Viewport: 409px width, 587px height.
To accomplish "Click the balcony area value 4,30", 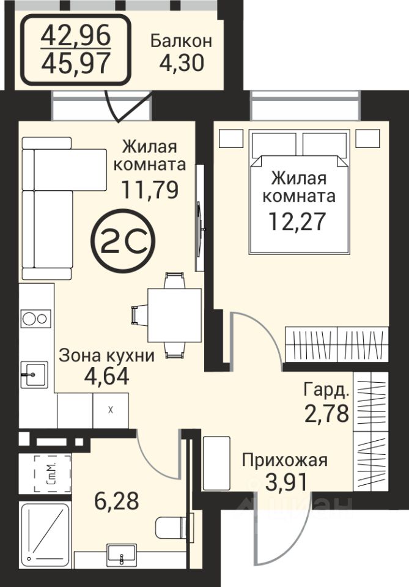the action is pos(182,62).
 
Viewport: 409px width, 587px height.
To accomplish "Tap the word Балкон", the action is pos(181,41).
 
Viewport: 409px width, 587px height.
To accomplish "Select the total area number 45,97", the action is pos(76,63).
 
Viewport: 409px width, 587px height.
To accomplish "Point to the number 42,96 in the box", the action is pos(76,35).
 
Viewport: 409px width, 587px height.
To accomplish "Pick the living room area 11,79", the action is pos(150,190).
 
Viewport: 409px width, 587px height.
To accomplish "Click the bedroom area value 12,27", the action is pos(298,221).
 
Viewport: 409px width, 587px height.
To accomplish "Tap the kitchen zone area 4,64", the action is pos(106,376).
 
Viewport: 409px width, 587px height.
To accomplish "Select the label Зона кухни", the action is pos(106,355).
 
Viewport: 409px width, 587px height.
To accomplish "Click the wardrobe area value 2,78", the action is pos(326,413).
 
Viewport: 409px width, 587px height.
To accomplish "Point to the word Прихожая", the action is pos(284,460).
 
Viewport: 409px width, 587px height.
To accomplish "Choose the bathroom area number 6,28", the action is pos(117,501).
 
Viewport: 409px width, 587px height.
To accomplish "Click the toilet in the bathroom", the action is pos(174,526).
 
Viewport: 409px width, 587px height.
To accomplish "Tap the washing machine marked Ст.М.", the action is pos(53,473).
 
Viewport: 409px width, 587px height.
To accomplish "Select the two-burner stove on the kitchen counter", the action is pos(35,319).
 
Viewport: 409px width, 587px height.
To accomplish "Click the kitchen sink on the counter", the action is pos(34,374).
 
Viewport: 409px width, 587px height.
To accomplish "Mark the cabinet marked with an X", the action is pos(111,410).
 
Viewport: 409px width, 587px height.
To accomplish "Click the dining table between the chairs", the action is pos(175,315).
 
